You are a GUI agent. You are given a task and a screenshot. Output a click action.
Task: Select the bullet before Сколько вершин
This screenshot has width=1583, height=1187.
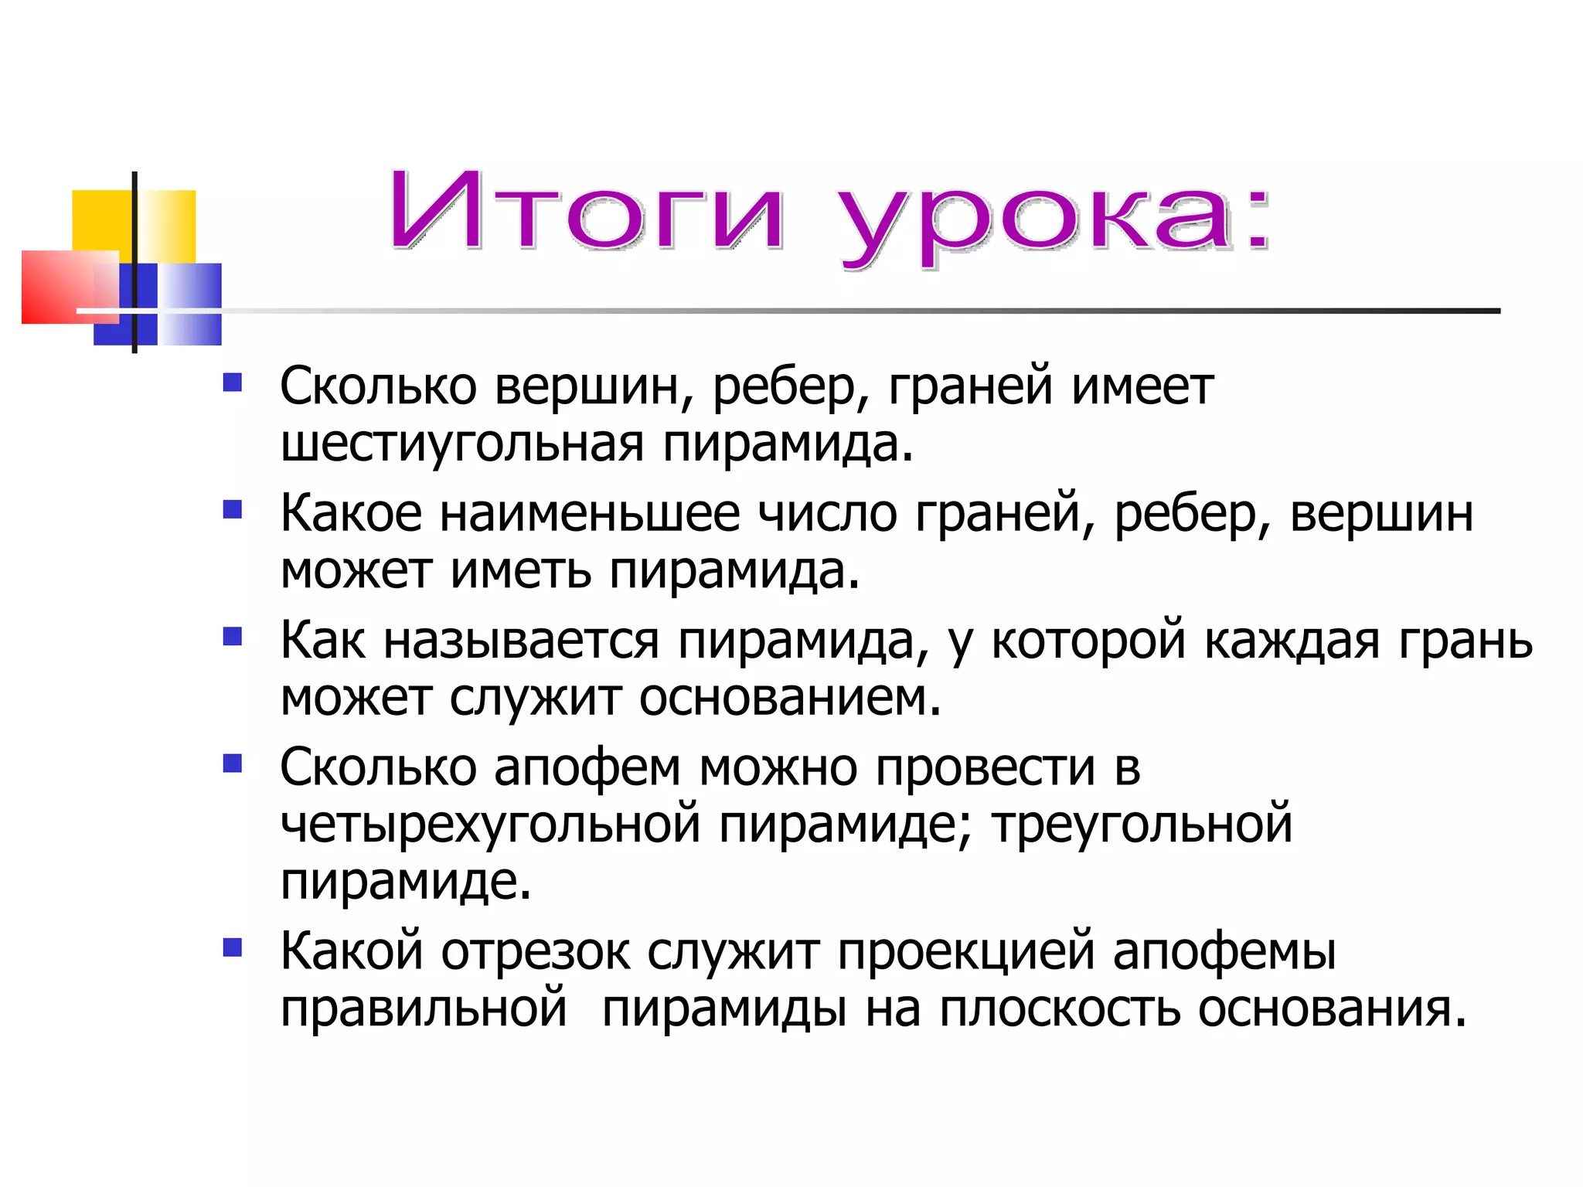pyautogui.click(x=233, y=383)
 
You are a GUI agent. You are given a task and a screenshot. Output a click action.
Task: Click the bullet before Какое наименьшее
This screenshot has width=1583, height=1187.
pyautogui.click(x=233, y=510)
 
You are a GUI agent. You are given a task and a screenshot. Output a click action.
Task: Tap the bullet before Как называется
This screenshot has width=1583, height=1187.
pyautogui.click(x=233, y=637)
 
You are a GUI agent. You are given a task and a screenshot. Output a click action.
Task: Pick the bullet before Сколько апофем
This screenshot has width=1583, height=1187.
pyautogui.click(x=233, y=764)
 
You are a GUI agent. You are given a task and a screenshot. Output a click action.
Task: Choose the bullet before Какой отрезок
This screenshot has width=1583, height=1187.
pyautogui.click(x=233, y=947)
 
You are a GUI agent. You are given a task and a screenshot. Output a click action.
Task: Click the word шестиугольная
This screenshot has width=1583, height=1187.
pyautogui.click(x=462, y=445)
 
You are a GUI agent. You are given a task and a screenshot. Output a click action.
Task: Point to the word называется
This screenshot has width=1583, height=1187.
pyautogui.click(x=522, y=641)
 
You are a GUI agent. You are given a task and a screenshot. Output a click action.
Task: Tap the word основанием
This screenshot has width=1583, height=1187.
pyautogui.click(x=790, y=698)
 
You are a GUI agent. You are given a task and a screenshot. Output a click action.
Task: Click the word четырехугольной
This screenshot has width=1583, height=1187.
pyautogui.click(x=490, y=825)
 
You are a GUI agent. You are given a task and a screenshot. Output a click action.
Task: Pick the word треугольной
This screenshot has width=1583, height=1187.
pyautogui.click(x=1142, y=824)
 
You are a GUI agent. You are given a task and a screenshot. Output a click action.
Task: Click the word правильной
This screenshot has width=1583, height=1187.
pyautogui.click(x=424, y=1008)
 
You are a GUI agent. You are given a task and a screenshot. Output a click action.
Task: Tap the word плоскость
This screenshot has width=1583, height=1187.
pyautogui.click(x=1060, y=1008)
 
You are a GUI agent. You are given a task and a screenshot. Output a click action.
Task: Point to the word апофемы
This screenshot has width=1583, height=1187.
pyautogui.click(x=1224, y=952)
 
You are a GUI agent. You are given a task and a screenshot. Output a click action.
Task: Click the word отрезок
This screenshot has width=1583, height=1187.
pyautogui.click(x=535, y=952)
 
